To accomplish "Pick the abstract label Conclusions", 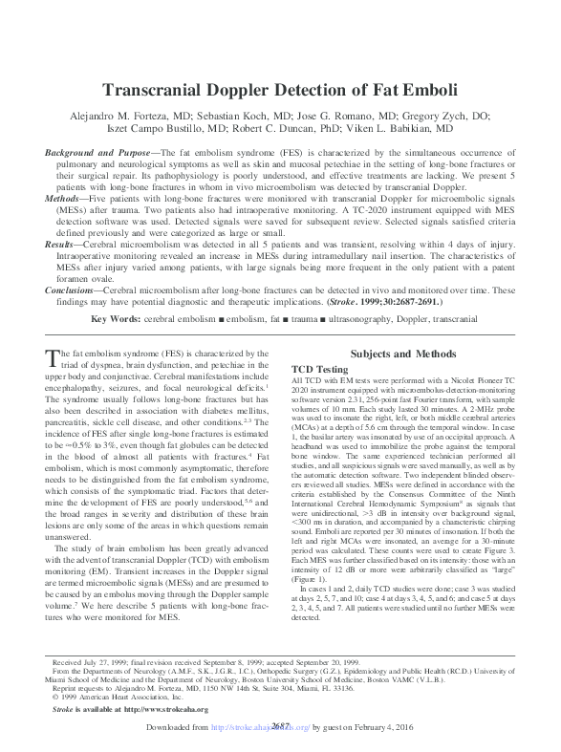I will pyautogui.click(x=72, y=290).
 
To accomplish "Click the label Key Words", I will pyautogui.click(x=119, y=316).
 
